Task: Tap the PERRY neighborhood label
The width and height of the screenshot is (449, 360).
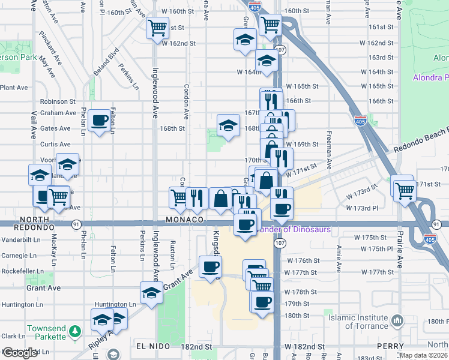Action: pyautogui.click(x=391, y=347)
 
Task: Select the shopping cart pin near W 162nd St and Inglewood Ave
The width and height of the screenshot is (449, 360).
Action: pyautogui.click(x=157, y=27)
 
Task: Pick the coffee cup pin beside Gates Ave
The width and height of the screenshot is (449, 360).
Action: pyautogui.click(x=100, y=120)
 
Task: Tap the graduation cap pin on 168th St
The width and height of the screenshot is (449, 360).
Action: pyautogui.click(x=227, y=125)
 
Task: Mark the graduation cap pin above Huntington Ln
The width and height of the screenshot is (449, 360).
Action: pyautogui.click(x=151, y=293)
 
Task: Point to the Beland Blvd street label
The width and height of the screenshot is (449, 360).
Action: pyautogui.click(x=97, y=65)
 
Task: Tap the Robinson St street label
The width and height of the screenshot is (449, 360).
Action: pyautogui.click(x=58, y=102)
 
